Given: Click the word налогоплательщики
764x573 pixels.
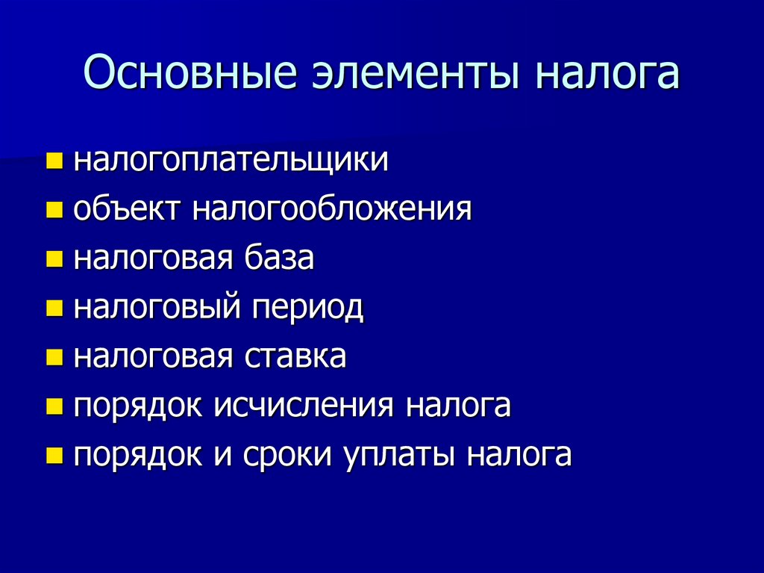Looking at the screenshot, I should pyautogui.click(x=231, y=161).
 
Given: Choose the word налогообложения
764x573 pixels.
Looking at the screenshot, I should pyautogui.click(x=333, y=209).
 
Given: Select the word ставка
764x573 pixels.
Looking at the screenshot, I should pyautogui.click(x=295, y=356).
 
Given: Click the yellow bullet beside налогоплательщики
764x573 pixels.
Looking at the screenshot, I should pyautogui.click(x=54, y=161).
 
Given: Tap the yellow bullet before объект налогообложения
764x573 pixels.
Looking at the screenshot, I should pyautogui.click(x=54, y=210).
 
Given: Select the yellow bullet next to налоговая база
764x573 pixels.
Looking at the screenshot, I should pyautogui.click(x=54, y=259).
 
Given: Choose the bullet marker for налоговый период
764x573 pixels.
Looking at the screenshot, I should pyautogui.click(x=54, y=309).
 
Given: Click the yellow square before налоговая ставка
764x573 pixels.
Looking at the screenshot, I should pyautogui.click(x=54, y=357).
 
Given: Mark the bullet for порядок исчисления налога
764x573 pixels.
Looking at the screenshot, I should pyautogui.click(x=54, y=406).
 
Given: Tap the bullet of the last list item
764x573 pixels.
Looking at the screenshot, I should pyautogui.click(x=54, y=456).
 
